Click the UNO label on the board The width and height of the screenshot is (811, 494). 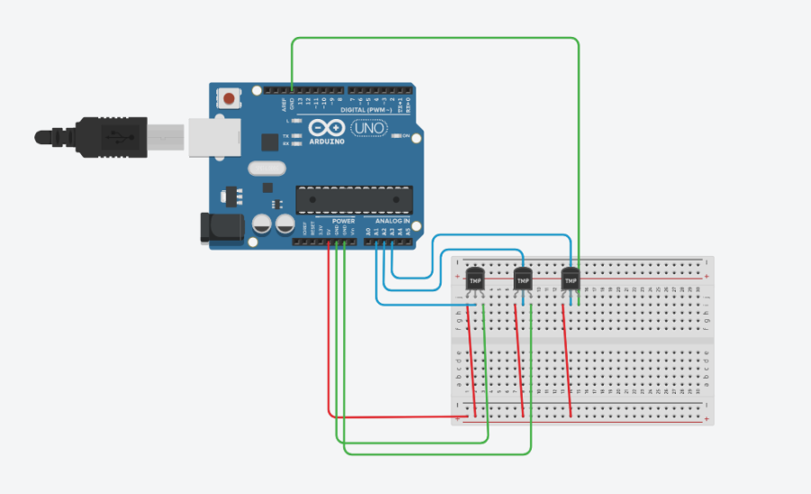point(370,128)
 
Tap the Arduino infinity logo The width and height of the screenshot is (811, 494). point(327,127)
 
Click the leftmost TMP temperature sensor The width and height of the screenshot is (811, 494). point(475,280)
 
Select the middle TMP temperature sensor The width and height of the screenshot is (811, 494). point(523,280)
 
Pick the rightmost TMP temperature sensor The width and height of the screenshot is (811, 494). point(570,280)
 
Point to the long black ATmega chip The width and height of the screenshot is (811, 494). point(354,197)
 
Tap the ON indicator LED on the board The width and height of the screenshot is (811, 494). point(396,136)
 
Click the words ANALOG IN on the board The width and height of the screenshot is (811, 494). point(392,221)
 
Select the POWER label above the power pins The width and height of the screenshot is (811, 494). point(343,221)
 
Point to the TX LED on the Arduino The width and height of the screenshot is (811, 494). point(296,135)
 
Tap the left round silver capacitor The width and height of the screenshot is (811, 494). point(263,224)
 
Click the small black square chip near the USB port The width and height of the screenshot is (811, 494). point(269,142)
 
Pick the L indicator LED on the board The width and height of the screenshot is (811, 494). point(296,120)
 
